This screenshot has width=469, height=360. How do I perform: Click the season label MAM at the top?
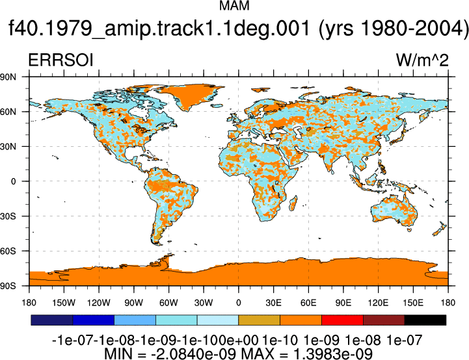234,6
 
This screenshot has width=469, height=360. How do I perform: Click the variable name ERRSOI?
60,60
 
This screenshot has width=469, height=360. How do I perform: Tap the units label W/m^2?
422,60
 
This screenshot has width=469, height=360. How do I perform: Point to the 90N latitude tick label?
8,77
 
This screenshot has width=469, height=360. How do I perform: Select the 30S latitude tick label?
8,216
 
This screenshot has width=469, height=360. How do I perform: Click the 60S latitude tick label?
8,251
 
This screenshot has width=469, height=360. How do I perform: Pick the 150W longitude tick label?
64,303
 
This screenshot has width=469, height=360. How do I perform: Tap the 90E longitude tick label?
343,303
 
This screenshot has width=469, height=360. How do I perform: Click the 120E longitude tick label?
378,303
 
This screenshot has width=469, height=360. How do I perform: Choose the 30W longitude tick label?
204,303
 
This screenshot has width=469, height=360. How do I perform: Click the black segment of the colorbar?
425,320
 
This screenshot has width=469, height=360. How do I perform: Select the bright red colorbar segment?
342,320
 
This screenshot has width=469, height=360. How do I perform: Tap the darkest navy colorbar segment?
52,320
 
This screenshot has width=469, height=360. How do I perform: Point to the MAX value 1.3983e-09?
333,354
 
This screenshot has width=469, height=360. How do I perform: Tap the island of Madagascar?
293,203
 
